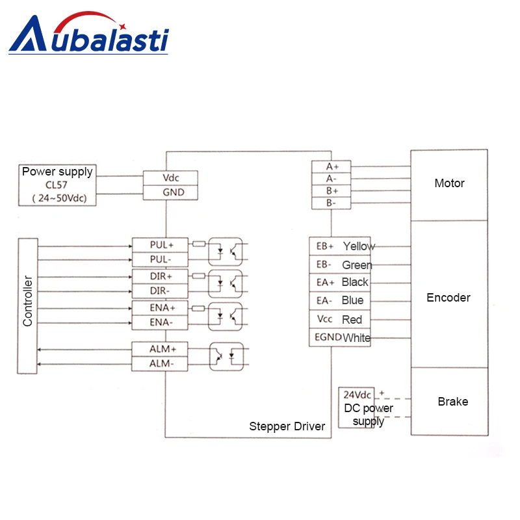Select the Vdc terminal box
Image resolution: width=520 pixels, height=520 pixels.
pos(170,177)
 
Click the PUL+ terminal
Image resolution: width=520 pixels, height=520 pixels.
pos(160,245)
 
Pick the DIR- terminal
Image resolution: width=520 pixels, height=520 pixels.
pos(160,291)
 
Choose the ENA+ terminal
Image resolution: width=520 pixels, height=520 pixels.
pos(160,307)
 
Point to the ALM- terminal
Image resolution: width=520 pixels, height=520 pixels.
pos(160,364)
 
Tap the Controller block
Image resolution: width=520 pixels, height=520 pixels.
pos(28,306)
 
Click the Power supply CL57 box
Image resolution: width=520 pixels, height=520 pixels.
pos(57,185)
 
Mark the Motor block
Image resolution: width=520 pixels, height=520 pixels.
pos(449,185)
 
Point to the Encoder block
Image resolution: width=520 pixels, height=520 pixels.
pos(448,297)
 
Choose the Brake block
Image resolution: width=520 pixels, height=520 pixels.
pos(452,401)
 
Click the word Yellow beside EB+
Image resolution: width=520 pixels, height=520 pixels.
pos(359,246)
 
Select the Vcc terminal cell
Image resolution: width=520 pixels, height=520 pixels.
pos(325,319)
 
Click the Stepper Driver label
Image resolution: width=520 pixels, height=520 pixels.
pos(287,426)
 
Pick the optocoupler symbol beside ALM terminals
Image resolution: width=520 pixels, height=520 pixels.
pos(226,356)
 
